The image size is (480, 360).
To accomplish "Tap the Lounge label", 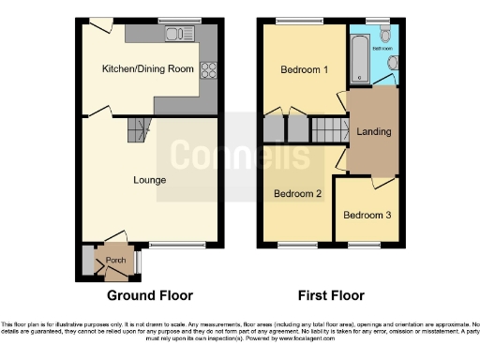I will coord(149,180).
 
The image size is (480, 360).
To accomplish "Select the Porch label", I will coord(115,260).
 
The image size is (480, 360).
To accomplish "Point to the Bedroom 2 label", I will coord(297,194).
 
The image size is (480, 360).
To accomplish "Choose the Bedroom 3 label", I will coord(366,215).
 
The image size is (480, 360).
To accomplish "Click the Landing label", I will coord(374,131).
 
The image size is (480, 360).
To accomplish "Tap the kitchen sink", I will coord(176,35).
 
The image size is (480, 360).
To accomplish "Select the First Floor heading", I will coord(331,295).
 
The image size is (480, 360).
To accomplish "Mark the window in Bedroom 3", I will coord(364,247).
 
